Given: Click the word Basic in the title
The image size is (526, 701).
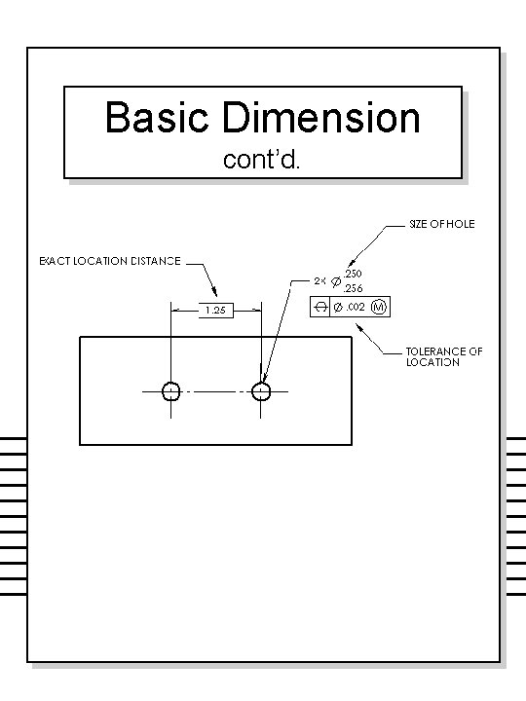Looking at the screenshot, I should tap(159, 119).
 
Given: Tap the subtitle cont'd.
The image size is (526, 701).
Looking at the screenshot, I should tap(263, 159).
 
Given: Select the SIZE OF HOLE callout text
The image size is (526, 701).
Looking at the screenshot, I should tap(441, 225).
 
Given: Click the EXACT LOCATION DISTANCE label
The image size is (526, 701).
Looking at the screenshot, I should tap(109, 261).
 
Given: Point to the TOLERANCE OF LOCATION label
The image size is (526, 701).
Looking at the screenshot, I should tap(443, 356).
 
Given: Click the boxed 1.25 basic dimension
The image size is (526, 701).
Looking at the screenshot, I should tap(216, 311).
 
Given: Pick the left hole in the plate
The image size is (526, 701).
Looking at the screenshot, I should tap(170, 391).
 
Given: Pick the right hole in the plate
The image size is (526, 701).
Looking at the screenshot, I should tap(261, 391).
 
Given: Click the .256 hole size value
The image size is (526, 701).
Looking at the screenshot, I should tap(352, 289).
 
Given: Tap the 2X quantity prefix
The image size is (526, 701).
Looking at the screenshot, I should tap(319, 281).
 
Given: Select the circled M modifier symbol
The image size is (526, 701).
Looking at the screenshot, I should tap(379, 308).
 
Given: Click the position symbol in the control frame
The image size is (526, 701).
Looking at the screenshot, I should tap(320, 308).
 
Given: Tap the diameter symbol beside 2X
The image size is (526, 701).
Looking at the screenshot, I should tap(337, 282).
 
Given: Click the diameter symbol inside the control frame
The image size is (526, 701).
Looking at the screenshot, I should tap(338, 308).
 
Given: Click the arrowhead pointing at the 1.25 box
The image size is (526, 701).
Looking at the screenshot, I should tap(217, 296).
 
